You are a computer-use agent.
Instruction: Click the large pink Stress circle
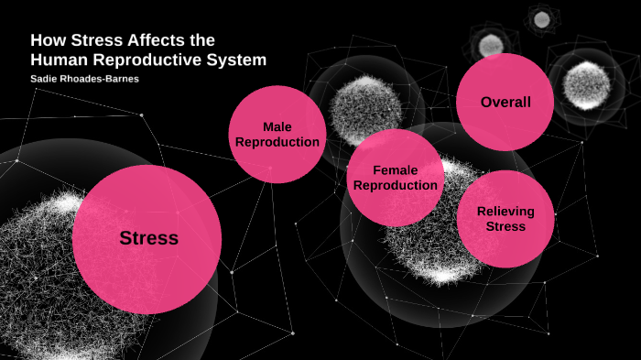(147, 239)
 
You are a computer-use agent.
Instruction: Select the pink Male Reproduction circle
(277, 135)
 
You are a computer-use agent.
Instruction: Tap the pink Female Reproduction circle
(396, 178)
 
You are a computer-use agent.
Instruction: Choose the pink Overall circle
(505, 102)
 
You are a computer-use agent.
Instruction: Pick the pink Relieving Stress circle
(505, 218)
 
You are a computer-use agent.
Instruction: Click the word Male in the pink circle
(277, 126)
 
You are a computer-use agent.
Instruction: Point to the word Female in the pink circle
(396, 170)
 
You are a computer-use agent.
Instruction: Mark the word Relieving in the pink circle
(505, 211)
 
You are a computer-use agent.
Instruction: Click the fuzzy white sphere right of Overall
(586, 84)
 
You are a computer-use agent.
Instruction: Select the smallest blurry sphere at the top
(541, 18)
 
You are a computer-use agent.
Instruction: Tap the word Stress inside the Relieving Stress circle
(505, 226)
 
